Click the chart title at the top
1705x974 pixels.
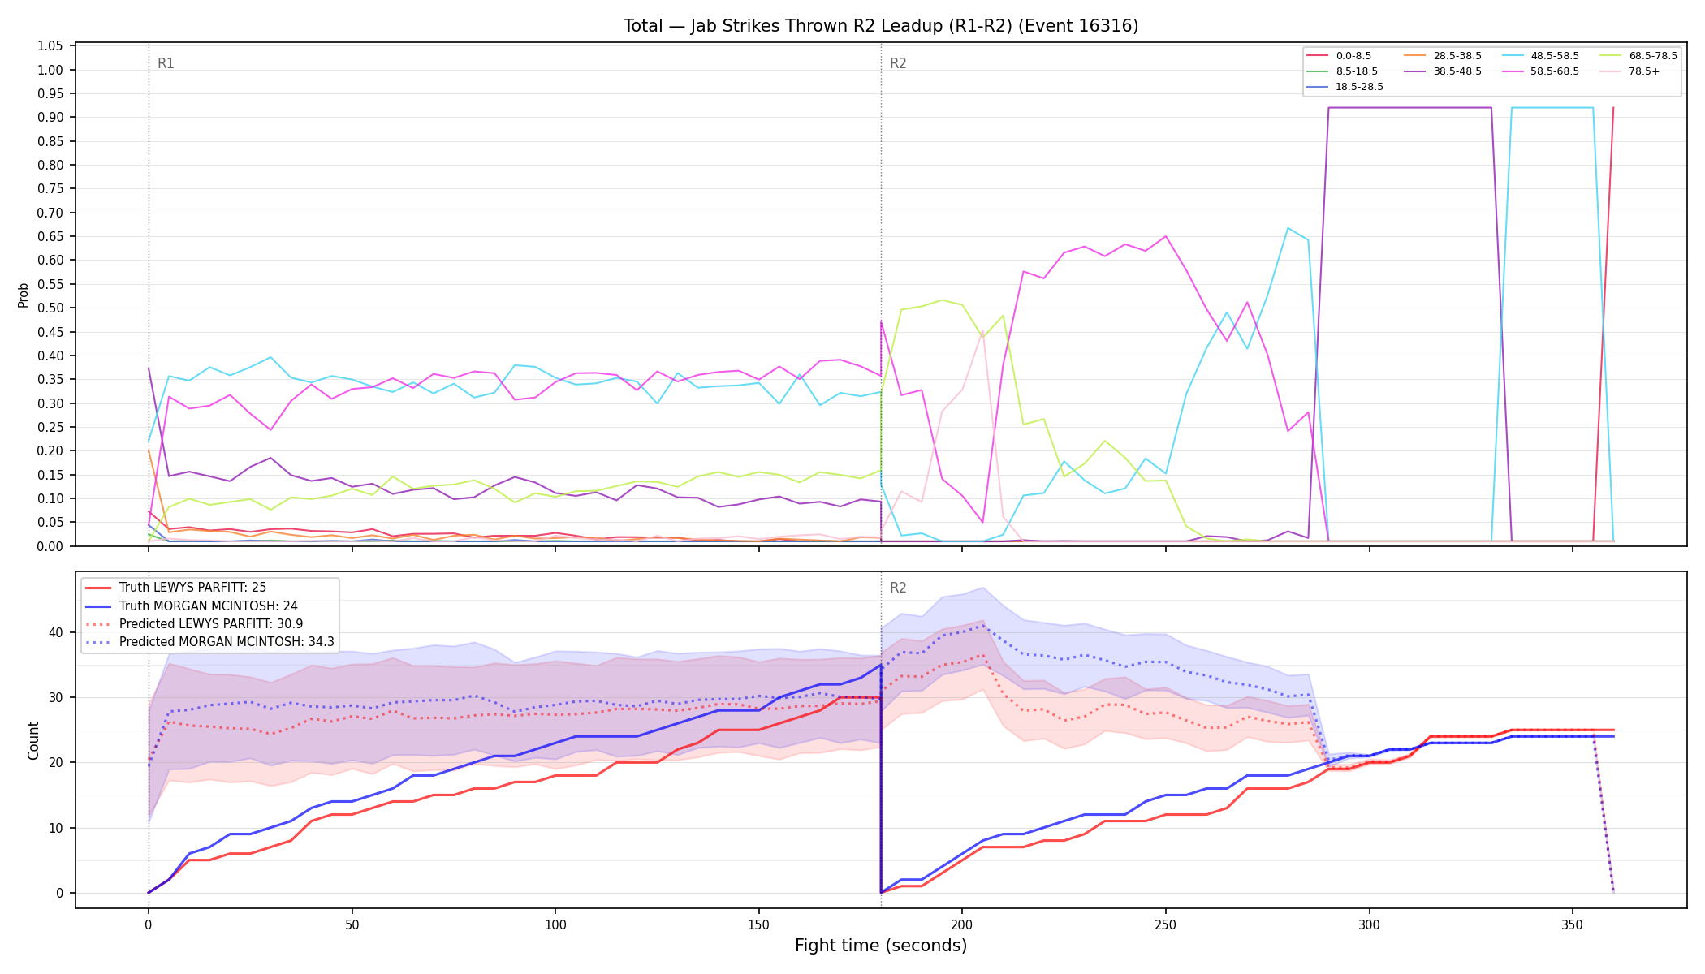(881, 26)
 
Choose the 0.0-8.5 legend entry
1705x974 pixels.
(1339, 56)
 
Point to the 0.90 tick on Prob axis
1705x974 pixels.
(50, 118)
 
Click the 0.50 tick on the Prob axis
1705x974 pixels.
(50, 308)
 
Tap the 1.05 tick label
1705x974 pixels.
(50, 46)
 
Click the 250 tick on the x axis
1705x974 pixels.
(1165, 925)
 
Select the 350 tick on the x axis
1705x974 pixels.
(1573, 925)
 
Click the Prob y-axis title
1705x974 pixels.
(24, 295)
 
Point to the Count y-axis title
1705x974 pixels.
(33, 740)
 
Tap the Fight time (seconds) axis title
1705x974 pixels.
(881, 946)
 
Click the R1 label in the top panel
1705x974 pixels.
(166, 63)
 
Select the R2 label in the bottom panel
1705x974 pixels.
(898, 588)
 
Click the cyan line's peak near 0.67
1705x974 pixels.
(1288, 227)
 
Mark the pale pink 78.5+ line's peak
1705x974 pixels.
(982, 332)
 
